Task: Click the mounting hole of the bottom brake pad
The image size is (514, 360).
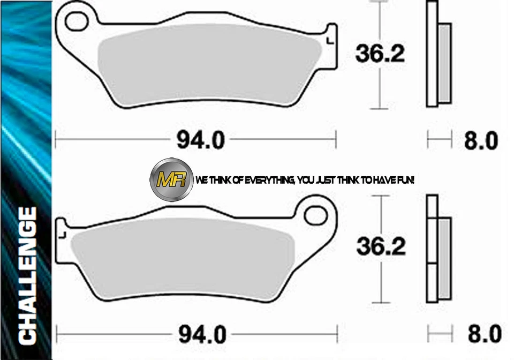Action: click(315, 215)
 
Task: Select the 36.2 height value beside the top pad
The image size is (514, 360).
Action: click(381, 54)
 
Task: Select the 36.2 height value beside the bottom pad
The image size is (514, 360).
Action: click(381, 247)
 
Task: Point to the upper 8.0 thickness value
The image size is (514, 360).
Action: click(480, 141)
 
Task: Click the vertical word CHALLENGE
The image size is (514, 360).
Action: click(27, 275)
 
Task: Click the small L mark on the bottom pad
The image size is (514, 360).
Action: click(63, 234)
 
